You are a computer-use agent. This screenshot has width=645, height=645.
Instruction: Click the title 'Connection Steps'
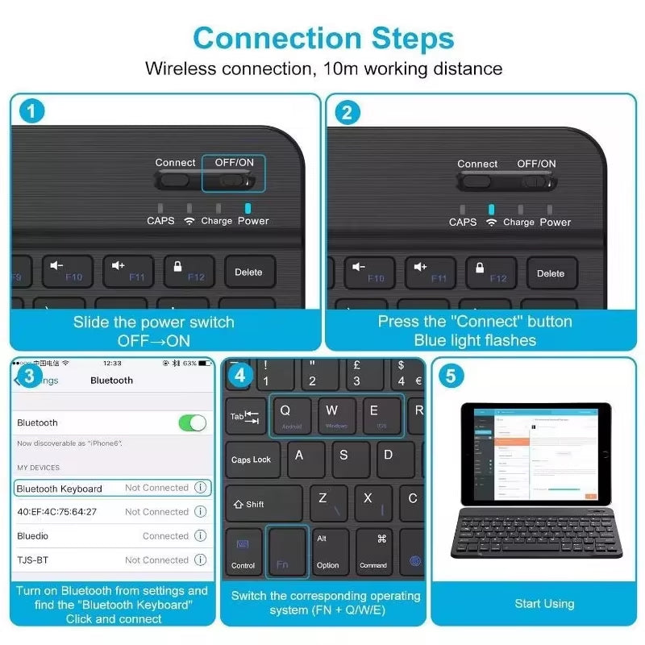(322, 38)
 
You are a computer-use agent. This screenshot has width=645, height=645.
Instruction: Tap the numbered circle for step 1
(31, 112)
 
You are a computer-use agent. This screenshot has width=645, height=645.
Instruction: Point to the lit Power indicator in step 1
(248, 208)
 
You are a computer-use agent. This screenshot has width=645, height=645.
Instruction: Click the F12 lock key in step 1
(189, 272)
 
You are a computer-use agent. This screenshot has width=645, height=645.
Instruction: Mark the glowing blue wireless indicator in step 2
(491, 210)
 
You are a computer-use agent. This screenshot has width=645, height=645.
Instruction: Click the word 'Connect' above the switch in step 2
(477, 164)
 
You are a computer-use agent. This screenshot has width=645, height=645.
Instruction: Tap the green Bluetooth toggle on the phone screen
(192, 422)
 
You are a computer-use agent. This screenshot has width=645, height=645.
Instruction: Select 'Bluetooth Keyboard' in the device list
(60, 488)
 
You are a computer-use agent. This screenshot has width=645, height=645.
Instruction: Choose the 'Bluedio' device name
(32, 535)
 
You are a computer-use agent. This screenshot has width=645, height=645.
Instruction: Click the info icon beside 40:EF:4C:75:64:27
(201, 511)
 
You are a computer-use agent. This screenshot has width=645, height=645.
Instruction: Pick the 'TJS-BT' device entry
(32, 560)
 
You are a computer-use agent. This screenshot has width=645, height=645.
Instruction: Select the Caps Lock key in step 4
(251, 460)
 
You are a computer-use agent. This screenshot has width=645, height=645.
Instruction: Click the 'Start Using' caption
(544, 603)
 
